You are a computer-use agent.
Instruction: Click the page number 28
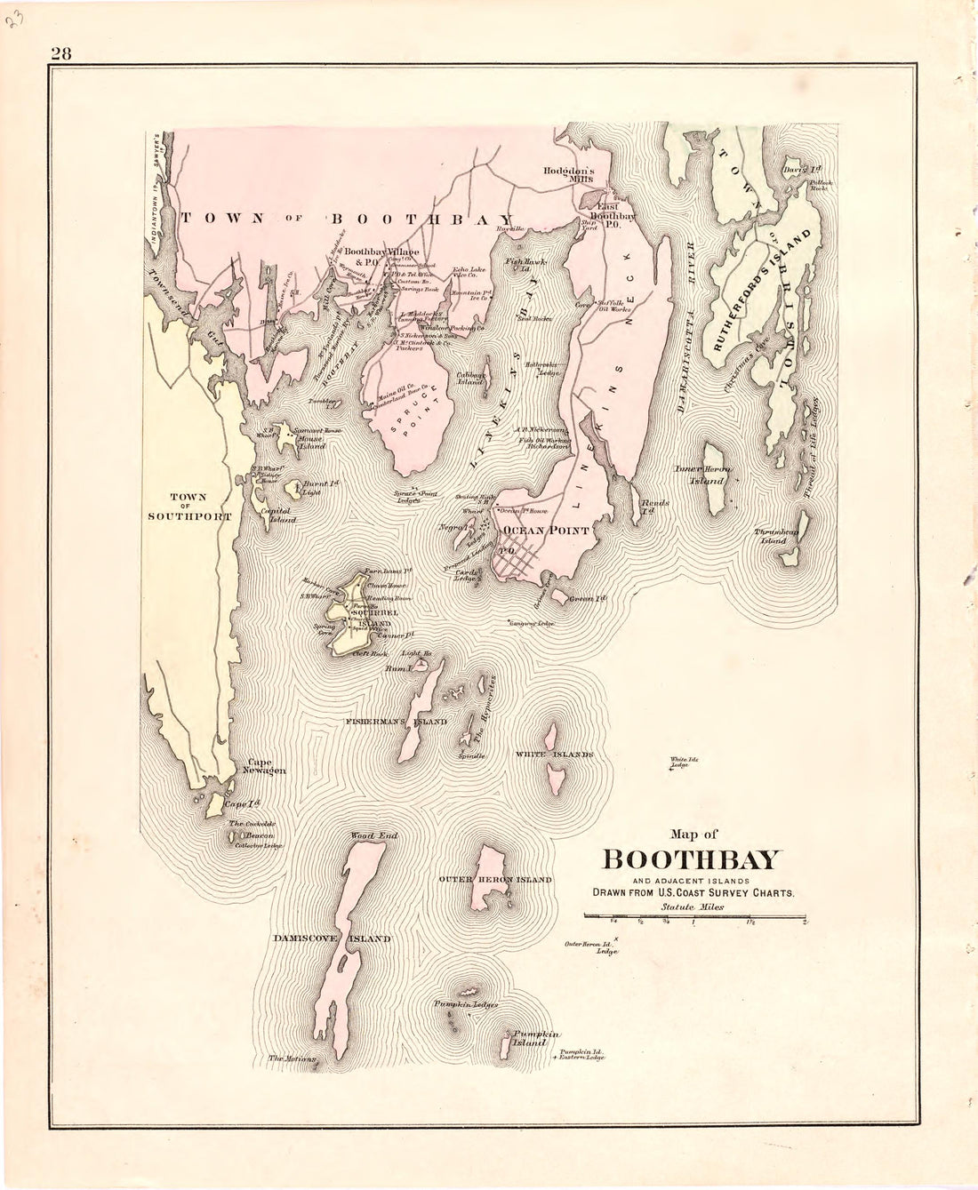click(60, 52)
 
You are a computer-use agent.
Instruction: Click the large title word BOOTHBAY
click(693, 860)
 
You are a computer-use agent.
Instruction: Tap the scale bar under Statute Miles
click(693, 915)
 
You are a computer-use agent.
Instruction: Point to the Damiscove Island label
click(333, 938)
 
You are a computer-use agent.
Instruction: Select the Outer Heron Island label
click(496, 879)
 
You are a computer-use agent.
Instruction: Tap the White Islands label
click(554, 754)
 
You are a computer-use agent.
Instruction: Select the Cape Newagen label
click(265, 767)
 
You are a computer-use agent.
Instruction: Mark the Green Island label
click(587, 600)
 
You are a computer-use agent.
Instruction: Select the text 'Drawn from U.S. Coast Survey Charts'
click(689, 892)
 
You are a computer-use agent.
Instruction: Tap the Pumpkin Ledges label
click(465, 1004)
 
